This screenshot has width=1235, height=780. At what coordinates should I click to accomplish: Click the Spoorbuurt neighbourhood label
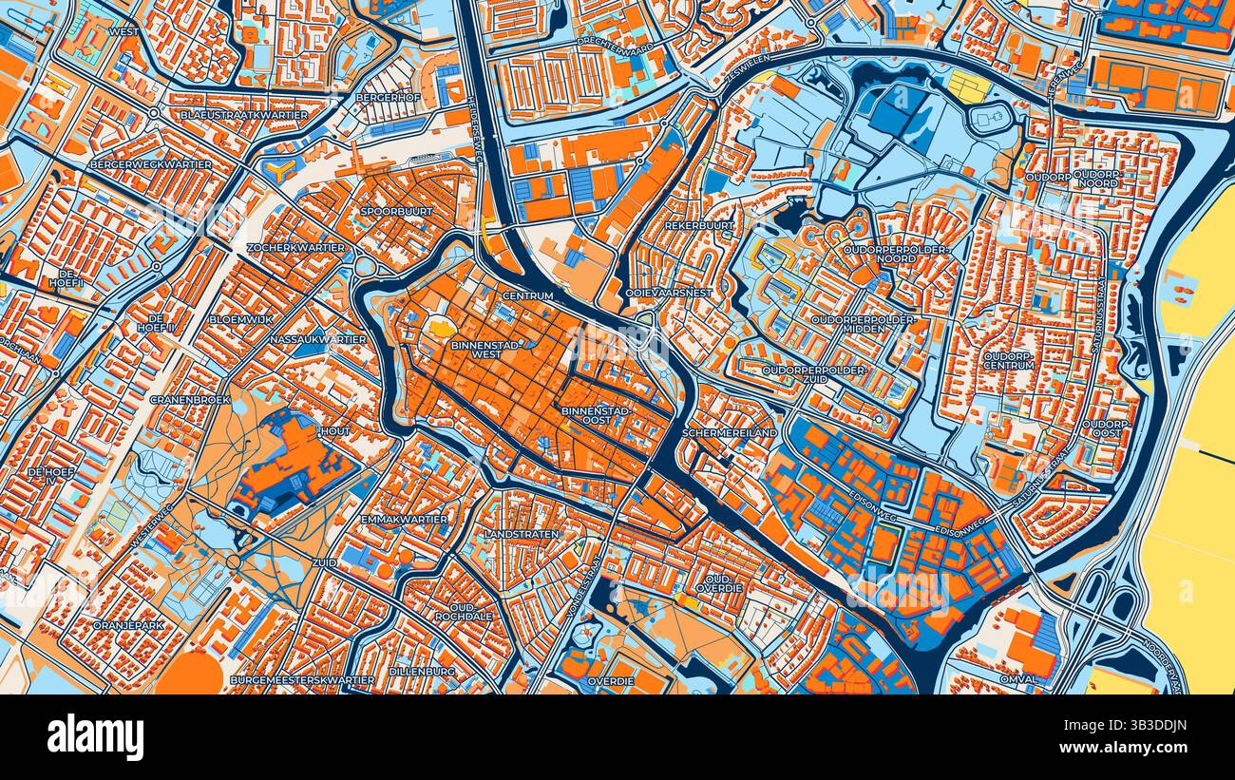(397, 211)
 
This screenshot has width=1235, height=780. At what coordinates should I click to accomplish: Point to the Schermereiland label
(730, 432)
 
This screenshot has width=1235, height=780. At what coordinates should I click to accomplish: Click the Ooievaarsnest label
(669, 293)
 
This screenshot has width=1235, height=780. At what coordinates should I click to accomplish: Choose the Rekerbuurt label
(700, 225)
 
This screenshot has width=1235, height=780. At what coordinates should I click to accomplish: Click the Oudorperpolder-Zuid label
(815, 373)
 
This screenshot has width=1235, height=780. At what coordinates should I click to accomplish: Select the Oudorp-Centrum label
(1009, 360)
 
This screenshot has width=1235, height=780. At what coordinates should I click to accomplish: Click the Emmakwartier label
(405, 519)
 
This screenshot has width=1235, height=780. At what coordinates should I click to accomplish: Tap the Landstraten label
(522, 534)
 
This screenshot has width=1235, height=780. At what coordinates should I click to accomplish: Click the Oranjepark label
(128, 625)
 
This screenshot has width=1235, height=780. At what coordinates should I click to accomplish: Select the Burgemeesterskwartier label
(302, 680)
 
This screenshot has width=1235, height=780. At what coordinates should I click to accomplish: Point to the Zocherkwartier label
(295, 247)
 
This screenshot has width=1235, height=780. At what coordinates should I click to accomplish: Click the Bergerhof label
(388, 97)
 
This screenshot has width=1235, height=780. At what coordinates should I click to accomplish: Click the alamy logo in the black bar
(95, 737)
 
